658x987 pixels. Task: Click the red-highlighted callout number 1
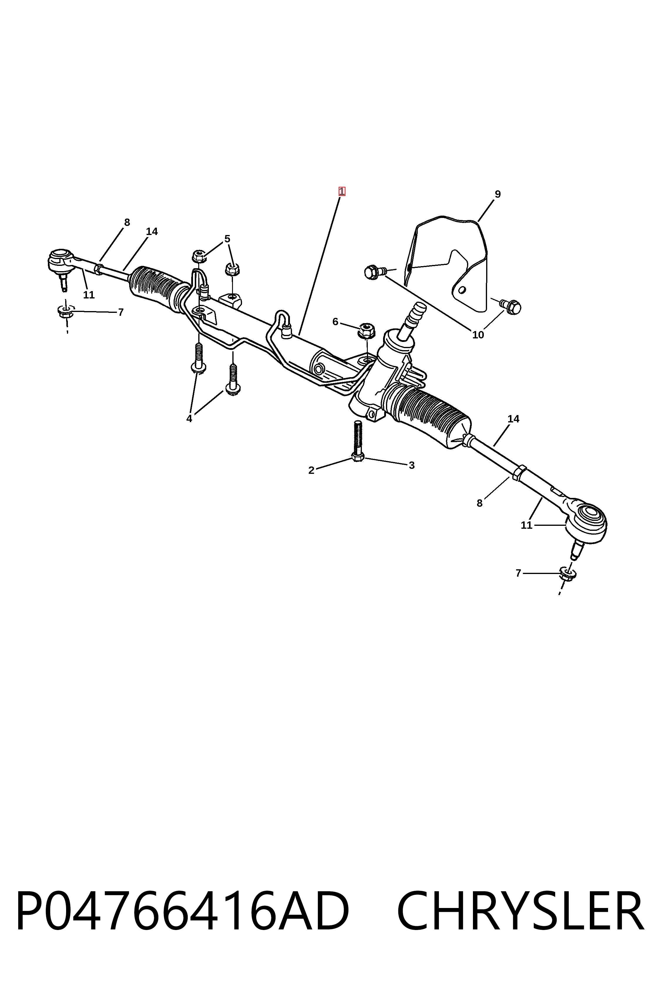(x=342, y=191)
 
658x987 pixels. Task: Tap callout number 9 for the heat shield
(x=498, y=194)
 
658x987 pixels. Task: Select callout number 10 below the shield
(x=478, y=335)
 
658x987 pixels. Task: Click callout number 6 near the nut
(x=335, y=322)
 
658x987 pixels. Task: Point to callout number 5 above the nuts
(x=227, y=239)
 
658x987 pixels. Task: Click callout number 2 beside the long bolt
(x=311, y=470)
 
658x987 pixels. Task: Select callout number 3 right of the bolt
(x=412, y=465)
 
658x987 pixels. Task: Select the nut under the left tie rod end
(x=66, y=311)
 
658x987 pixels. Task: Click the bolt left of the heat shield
(x=375, y=272)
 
